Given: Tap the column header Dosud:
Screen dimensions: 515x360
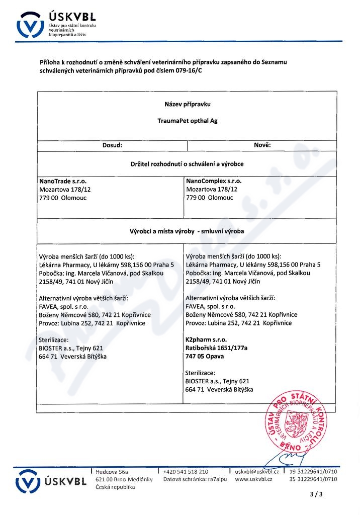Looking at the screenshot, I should tap(113, 145).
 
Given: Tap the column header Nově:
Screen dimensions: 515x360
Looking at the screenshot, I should tap(262, 145).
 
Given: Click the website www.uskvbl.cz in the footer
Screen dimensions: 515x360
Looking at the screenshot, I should tap(253, 480).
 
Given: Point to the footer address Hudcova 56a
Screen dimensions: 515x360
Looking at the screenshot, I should tap(112, 472).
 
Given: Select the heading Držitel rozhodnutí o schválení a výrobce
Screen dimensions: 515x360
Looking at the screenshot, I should tap(187, 163).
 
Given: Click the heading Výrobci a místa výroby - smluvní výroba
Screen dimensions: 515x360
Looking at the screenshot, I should tap(187, 231).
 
